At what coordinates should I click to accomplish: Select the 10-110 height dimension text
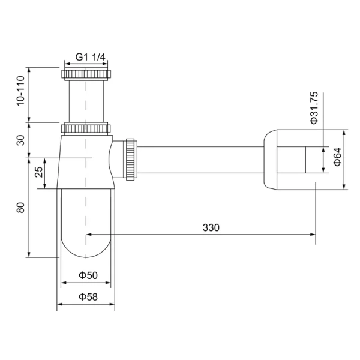(x=20, y=92)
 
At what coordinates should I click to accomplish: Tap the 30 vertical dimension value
(x=20, y=140)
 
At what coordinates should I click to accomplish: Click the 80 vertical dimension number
(x=20, y=208)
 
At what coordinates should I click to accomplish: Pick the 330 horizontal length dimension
(x=211, y=227)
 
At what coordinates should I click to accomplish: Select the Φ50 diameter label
(x=87, y=275)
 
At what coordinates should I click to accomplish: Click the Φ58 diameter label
(x=87, y=296)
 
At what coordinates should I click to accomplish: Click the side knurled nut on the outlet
(x=130, y=159)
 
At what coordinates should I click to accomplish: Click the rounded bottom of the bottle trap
(x=86, y=246)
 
